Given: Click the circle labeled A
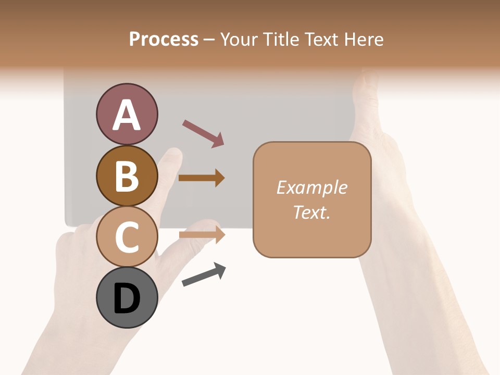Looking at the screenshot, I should pos(127,114).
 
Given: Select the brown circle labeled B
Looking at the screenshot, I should pos(127,176).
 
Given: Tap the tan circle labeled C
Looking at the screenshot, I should pos(127,236).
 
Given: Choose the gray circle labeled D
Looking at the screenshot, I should pos(127,297).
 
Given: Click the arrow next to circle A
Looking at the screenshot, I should pos(203,133).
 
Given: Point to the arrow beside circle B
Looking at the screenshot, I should pos(202,178).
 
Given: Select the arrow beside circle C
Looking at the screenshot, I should pos(202,235).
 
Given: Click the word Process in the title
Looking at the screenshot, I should pos(164,39).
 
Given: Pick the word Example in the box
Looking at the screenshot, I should pos(311,187).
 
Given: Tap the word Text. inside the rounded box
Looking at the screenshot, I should pos(311,212).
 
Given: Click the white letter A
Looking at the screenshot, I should pos(127,115).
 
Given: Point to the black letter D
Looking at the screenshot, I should pos(127,298).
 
